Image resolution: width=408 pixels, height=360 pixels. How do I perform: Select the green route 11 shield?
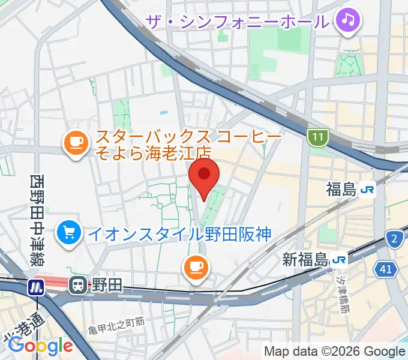[317, 138]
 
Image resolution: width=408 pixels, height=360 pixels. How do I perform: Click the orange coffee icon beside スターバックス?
[75, 142]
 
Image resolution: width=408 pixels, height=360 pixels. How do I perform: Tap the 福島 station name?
[341, 190]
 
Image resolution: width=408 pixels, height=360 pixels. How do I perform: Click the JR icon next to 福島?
[367, 190]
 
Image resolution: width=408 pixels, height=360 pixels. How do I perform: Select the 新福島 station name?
[305, 260]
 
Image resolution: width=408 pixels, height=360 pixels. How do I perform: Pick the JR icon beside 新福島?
[340, 260]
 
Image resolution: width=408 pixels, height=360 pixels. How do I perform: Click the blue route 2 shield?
[394, 239]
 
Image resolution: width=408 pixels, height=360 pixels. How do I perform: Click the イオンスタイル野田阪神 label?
[180, 232]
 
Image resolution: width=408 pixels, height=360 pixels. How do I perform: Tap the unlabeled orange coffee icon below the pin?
[196, 265]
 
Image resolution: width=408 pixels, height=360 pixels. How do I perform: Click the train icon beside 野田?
[78, 286]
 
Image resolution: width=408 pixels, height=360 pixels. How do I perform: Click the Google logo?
[40, 345]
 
